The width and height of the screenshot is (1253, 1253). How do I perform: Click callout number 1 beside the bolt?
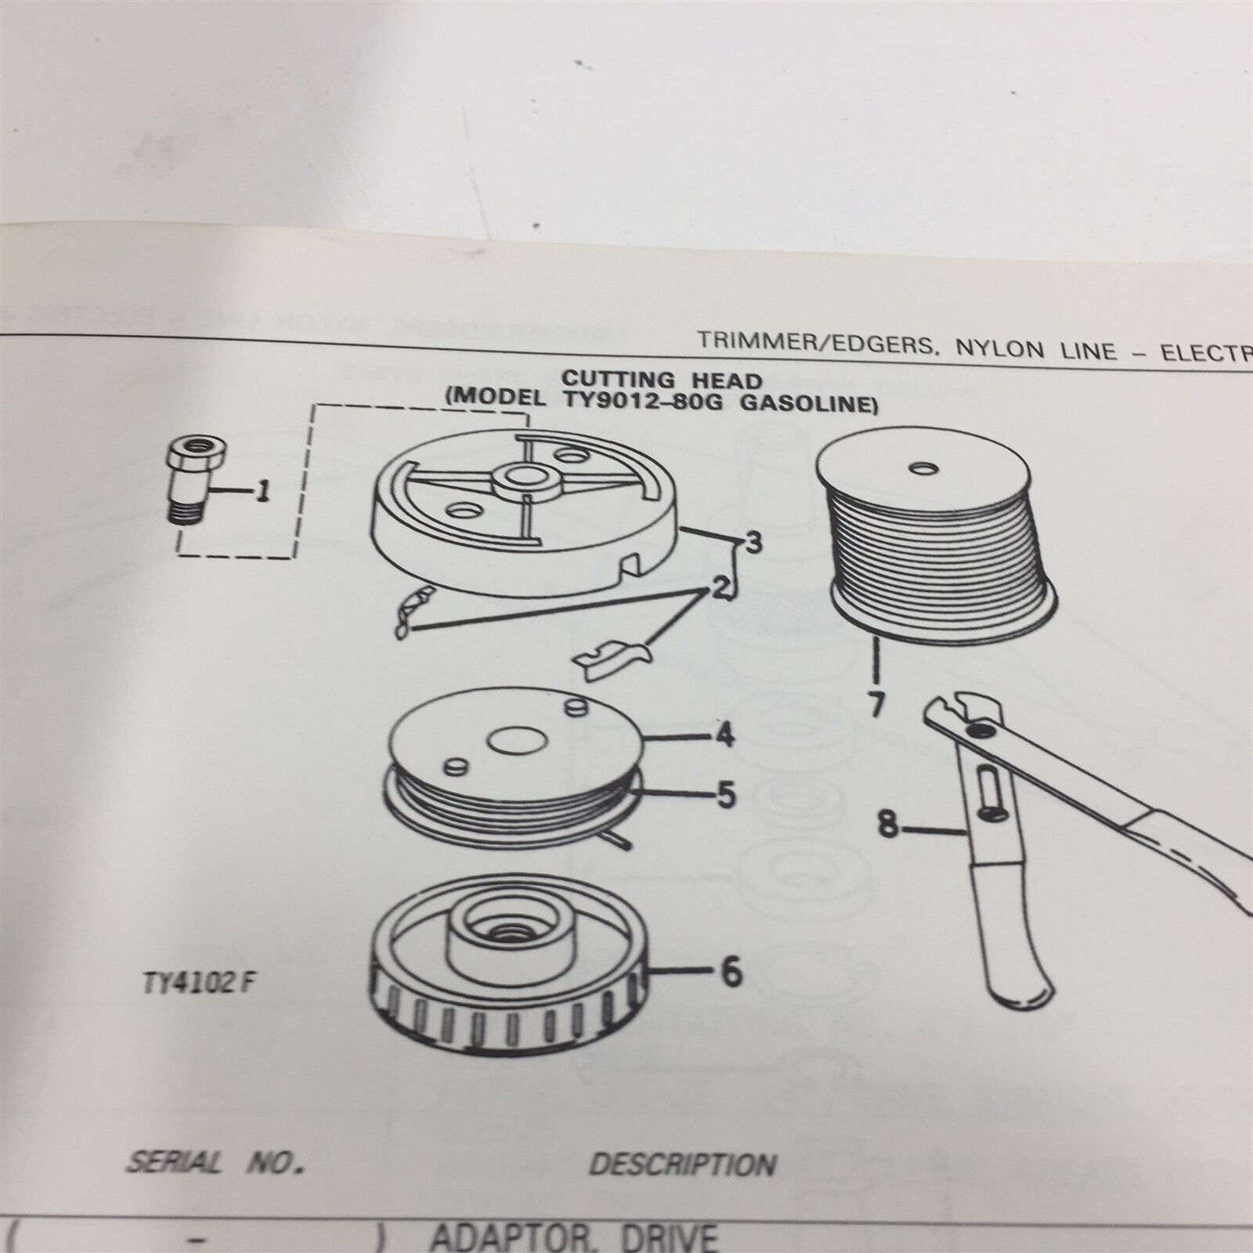coord(264,493)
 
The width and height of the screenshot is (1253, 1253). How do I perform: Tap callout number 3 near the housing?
coord(753,543)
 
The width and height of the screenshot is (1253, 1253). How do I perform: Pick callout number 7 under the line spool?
coord(876,705)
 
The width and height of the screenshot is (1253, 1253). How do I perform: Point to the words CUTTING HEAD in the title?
coord(662,381)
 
